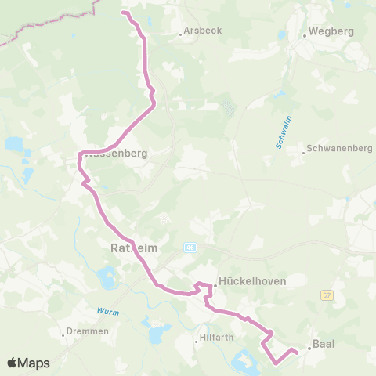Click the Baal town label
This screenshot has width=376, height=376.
tap(323, 344)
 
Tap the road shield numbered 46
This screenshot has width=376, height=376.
tap(190, 247)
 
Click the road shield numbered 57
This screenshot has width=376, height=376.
tap(327, 295)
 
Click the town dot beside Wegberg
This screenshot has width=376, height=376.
tap(304, 35)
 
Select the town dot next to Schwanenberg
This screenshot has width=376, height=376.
tap(305, 152)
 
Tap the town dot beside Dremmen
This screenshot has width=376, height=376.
tap(63, 334)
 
